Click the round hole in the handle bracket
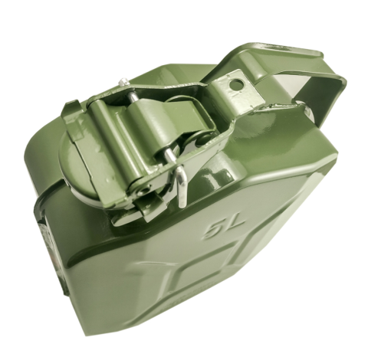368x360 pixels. [236, 83]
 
